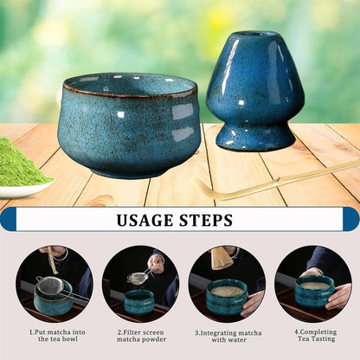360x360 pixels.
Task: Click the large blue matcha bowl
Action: point(128,125)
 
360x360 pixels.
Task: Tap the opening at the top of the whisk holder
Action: point(256,35)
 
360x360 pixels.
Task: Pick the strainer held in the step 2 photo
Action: point(137,277)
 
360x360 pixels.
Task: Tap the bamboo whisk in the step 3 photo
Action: point(222,258)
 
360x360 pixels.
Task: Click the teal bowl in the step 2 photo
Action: point(139,301)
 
